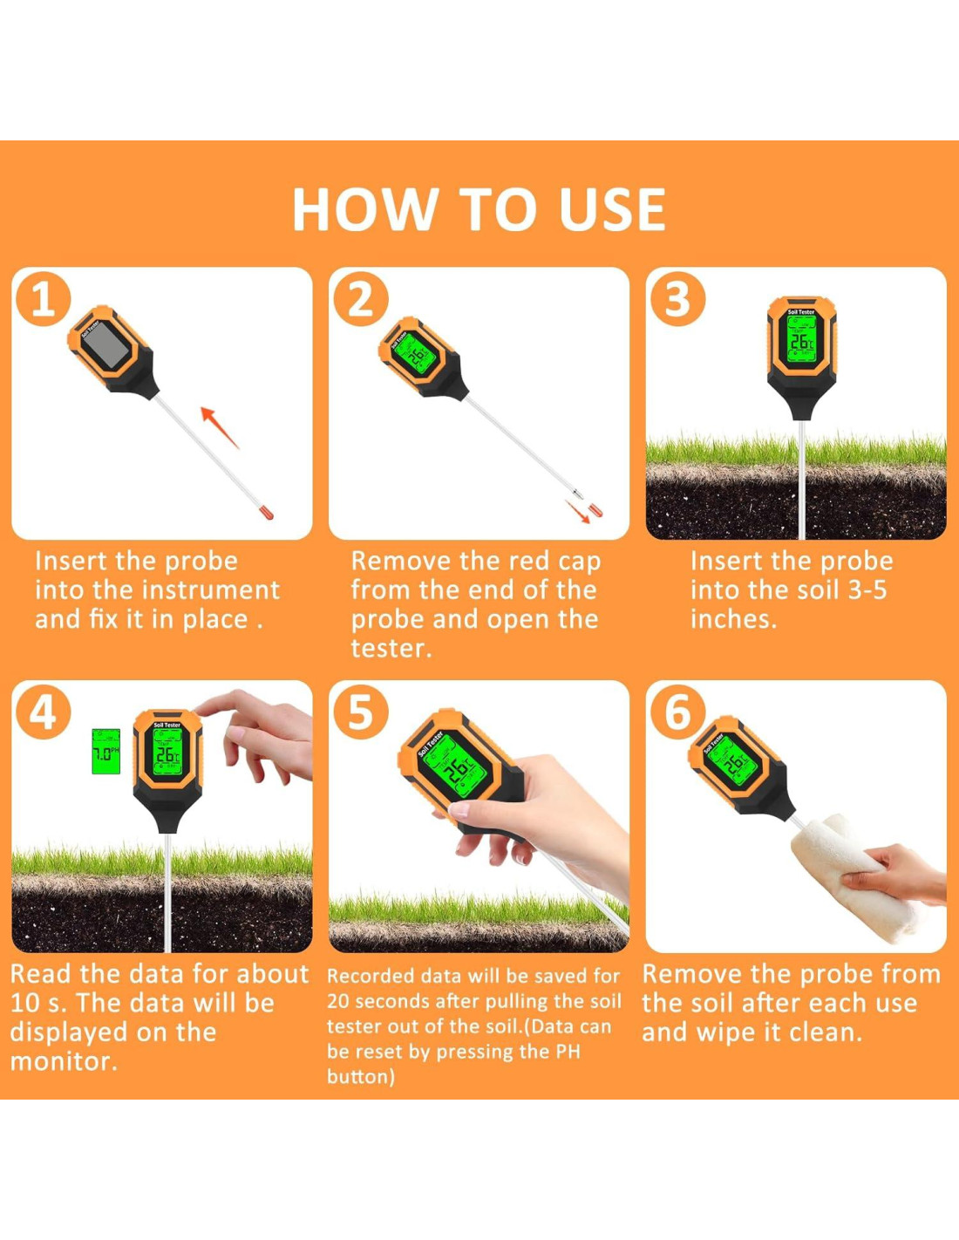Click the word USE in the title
[612, 209]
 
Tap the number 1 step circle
[43, 299]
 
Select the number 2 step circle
[361, 299]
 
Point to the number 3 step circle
[677, 299]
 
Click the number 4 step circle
[43, 712]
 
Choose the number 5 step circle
[361, 712]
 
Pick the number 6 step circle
[677, 712]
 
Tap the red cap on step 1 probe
[267, 513]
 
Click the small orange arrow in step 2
[577, 511]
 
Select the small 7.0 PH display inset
[106, 751]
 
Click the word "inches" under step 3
[733, 619]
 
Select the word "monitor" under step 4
[63, 1061]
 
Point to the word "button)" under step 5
[361, 1076]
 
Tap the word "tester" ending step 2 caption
[391, 648]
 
